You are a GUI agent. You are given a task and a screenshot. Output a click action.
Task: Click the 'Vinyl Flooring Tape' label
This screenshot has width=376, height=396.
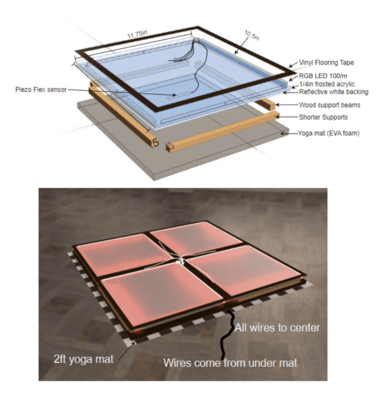tap(326, 63)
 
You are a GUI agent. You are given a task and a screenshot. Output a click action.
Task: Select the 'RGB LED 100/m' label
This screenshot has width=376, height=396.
tap(323, 76)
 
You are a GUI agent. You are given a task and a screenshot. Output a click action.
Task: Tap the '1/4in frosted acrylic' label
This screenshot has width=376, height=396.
tap(327, 84)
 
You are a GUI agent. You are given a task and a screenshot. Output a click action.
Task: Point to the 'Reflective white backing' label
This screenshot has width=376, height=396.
tap(334, 92)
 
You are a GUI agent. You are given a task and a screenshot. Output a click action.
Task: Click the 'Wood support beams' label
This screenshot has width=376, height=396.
tap(330, 105)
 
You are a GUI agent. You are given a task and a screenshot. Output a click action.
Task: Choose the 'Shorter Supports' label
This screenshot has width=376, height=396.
tap(323, 117)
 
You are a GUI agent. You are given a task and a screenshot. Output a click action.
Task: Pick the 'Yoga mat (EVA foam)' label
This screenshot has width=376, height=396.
tap(329, 133)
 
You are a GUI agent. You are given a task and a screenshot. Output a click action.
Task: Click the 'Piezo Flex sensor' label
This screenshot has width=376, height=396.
tap(41, 90)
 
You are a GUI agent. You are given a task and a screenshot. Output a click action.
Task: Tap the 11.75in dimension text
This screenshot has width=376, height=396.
tap(137, 34)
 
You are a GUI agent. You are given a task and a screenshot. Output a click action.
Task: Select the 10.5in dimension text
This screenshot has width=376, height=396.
tap(252, 35)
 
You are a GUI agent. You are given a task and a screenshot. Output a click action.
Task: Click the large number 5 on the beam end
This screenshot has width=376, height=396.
tap(156, 143)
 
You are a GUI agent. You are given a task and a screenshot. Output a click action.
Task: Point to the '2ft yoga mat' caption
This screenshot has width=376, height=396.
tap(83, 359)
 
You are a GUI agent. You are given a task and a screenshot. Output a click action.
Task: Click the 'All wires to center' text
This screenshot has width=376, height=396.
tap(277, 328)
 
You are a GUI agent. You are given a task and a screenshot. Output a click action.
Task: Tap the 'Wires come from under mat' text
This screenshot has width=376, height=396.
tap(230, 363)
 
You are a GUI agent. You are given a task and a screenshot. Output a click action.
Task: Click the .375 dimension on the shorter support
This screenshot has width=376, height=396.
tap(170, 146)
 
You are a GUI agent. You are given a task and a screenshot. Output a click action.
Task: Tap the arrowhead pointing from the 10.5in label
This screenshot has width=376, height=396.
tap(236, 53)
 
